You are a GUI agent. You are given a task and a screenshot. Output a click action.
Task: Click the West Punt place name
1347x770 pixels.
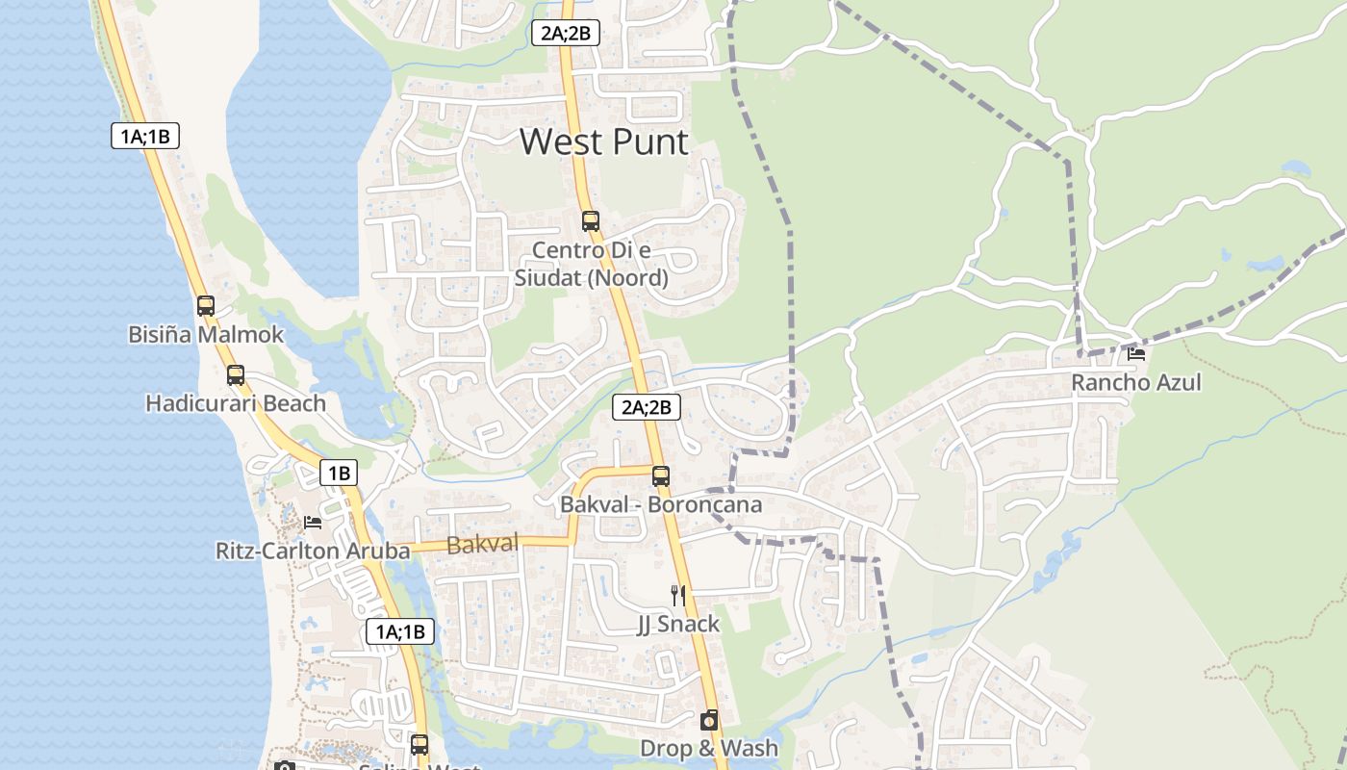[x=604, y=141]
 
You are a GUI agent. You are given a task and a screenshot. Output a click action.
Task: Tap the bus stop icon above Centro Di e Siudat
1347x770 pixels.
[x=590, y=221]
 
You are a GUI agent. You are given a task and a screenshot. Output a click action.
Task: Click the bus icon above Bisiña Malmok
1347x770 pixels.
[x=206, y=306]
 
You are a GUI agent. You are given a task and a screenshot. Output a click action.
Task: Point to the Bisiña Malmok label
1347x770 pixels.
[x=206, y=335]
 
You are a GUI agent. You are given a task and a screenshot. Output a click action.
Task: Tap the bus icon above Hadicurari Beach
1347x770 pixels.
[x=236, y=375]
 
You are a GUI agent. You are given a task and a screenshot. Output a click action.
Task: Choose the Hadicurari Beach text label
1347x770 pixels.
[x=236, y=403]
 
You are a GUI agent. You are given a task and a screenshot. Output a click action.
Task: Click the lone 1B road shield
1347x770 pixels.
[x=339, y=473]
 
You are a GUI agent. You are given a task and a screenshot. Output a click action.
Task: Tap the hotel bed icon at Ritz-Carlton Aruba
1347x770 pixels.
[x=313, y=523]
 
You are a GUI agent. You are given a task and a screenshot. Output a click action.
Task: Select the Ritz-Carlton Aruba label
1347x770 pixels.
[x=313, y=552]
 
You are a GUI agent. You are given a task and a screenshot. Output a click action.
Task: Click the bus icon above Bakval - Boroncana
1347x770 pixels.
[x=661, y=475]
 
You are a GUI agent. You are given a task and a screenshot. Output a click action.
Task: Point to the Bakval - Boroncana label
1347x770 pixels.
[x=661, y=504]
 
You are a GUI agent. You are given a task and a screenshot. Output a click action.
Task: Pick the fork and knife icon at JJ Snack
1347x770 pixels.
[x=678, y=596]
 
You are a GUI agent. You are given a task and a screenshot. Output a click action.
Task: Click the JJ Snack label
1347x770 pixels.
[x=678, y=625]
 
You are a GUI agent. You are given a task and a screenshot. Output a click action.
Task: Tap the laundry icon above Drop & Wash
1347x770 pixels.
[x=709, y=720]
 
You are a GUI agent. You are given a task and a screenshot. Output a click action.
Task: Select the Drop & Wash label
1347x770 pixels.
[x=709, y=748]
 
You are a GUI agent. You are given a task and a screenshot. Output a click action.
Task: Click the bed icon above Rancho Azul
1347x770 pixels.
[x=1136, y=353]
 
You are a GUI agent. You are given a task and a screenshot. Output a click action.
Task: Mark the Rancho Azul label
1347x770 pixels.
[x=1136, y=382]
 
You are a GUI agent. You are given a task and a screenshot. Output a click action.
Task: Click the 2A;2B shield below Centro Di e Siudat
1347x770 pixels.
[x=647, y=407]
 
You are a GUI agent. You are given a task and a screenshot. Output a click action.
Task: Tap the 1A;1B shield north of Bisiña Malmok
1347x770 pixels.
[x=144, y=136]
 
